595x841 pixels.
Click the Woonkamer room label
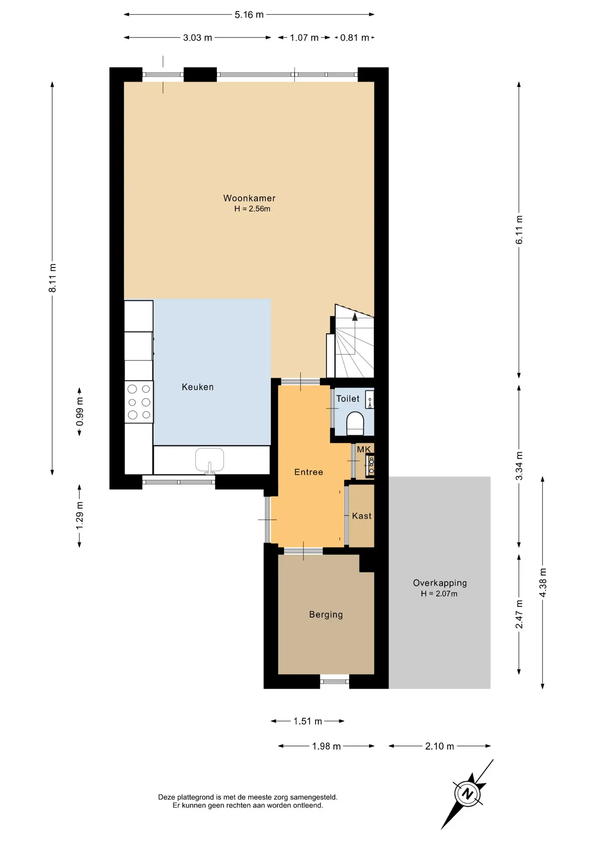249,198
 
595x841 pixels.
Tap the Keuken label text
198,387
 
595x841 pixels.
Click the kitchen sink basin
209,459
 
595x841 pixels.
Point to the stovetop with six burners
139,402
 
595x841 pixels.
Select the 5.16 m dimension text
249,14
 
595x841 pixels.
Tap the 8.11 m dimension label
52,278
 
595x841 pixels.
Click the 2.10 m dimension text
439,746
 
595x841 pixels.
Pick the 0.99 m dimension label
79,411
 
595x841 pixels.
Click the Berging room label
326,615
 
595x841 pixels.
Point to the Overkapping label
440,583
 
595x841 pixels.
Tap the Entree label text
308,472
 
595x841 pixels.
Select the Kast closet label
362,516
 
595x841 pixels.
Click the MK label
364,449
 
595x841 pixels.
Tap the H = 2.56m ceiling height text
252,209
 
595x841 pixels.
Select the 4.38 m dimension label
543,583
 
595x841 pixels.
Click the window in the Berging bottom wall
334,681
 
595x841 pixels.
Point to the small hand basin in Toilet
370,399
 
